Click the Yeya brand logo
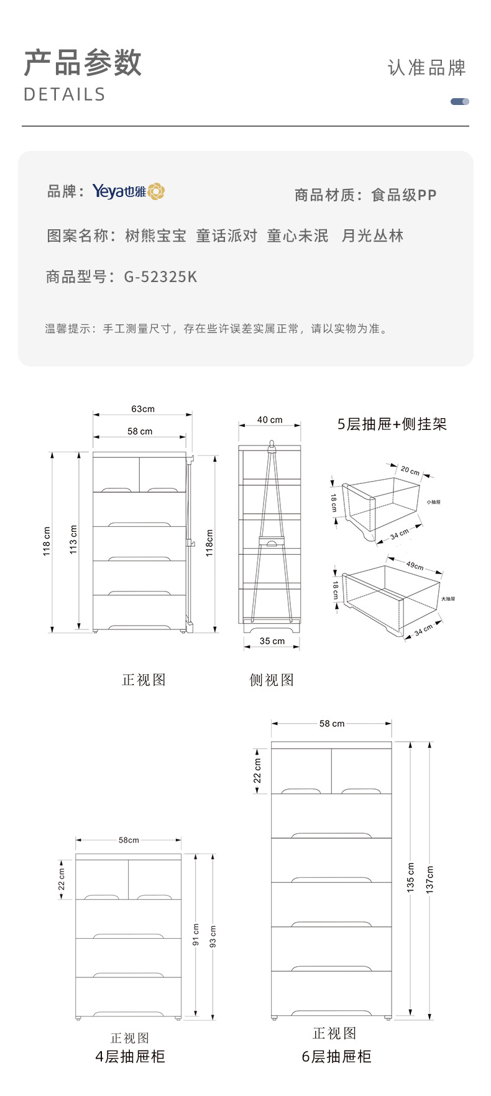[x=129, y=191]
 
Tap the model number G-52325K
[x=160, y=276]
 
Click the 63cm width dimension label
[x=143, y=409]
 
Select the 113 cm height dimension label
[x=73, y=539]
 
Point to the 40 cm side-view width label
[x=270, y=420]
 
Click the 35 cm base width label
[x=272, y=641]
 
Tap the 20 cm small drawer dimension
[x=410, y=470]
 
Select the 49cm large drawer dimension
[x=415, y=565]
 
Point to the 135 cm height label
[x=411, y=877]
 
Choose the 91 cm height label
[x=196, y=934]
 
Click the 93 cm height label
[x=213, y=936]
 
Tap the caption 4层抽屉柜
[x=130, y=1056]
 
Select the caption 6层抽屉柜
[x=336, y=1056]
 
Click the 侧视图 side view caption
[x=272, y=680]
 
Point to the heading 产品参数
[x=83, y=63]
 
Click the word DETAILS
[x=65, y=94]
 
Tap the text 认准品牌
[x=426, y=68]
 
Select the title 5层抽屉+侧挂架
[x=392, y=424]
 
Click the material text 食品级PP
[x=404, y=195]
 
